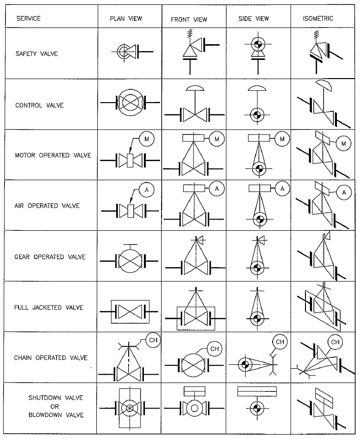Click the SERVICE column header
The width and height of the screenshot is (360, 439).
point(28,19)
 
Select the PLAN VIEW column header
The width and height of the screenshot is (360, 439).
point(126,19)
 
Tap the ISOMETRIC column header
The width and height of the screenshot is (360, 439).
point(318,19)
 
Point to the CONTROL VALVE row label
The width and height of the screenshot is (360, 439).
point(40,105)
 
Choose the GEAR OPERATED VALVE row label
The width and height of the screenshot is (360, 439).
point(50,257)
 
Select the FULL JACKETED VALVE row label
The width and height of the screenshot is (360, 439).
point(49,308)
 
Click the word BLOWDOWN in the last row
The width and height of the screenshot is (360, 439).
point(49,415)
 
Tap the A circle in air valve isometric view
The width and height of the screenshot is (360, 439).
point(344,192)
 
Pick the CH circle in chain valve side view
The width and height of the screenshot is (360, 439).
point(279,341)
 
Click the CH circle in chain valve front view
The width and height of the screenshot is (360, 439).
point(215,348)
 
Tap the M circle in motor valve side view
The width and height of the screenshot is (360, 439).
point(282,139)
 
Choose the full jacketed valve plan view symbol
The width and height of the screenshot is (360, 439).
point(130,311)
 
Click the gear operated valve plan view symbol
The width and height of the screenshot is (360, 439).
point(130,260)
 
